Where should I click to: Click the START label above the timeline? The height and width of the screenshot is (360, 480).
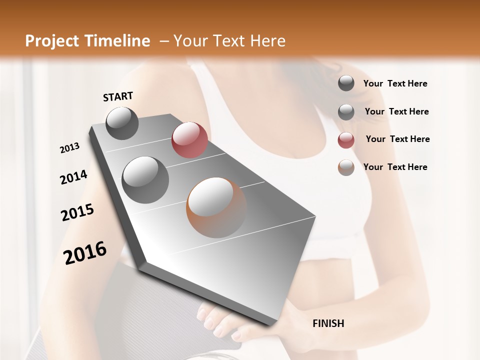tap(118, 96)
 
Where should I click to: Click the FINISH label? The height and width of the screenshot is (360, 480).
tap(328, 323)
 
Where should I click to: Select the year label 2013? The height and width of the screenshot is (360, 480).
tap(69, 148)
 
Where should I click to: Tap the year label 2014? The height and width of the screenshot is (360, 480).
tap(73, 177)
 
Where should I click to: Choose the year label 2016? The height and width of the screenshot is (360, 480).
tap(85, 253)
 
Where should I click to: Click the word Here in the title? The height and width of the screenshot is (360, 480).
tap(267, 41)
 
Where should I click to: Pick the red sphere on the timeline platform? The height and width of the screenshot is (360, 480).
tap(189, 140)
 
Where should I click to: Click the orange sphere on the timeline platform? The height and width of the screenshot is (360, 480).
tap(216, 207)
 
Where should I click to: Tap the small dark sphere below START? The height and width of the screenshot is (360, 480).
tap(122, 123)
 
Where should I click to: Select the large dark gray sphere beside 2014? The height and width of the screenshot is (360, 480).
tap(145, 179)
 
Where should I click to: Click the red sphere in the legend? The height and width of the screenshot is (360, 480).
tap(346, 140)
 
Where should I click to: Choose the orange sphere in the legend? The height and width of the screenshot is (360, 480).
tap(346, 167)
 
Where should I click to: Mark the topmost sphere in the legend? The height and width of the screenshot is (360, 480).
tap(346, 83)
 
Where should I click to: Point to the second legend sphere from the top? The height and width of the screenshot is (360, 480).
tap(346, 112)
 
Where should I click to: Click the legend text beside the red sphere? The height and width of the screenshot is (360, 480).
tap(397, 139)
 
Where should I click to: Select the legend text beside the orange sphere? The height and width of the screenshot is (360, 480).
tap(395, 167)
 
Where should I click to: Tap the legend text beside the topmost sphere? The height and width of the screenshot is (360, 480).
tap(395, 83)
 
